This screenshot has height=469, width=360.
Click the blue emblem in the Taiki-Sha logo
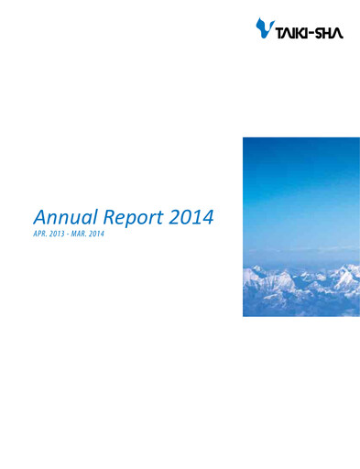click(264, 29)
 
